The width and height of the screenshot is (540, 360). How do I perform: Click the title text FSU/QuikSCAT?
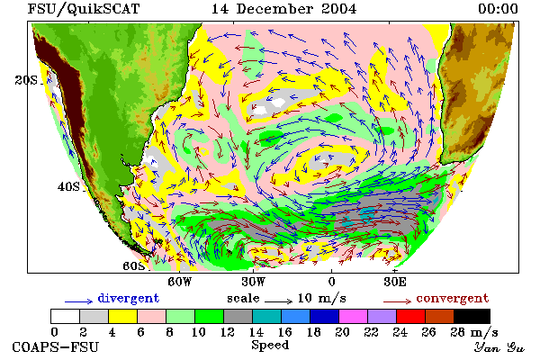coord(84,9)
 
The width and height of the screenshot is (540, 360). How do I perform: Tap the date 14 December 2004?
coord(283,9)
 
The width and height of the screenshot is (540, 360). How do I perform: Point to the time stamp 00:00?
coord(498,9)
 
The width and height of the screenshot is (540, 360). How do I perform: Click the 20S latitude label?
coord(26,80)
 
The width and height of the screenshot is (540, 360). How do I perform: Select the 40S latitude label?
coord(68,186)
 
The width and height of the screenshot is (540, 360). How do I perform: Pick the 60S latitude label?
coord(134,266)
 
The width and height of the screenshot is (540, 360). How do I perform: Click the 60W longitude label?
coord(180,282)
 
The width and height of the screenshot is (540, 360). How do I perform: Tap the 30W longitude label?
coord(253,282)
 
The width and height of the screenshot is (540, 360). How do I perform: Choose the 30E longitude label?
coord(395,282)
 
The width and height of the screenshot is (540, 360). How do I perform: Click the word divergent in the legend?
coord(129,298)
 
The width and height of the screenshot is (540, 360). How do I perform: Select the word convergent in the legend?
coord(453,298)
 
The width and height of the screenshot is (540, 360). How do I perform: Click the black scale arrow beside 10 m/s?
coord(279,301)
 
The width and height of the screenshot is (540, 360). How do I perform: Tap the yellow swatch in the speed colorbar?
coord(122,316)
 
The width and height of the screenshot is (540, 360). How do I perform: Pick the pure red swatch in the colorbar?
coord(410,316)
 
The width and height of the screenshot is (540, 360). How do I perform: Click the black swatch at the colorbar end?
coord(472,316)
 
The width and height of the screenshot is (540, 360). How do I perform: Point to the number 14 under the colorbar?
coord(256,332)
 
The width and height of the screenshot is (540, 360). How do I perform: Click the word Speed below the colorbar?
coord(270,346)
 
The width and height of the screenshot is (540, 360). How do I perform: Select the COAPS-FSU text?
coord(56,347)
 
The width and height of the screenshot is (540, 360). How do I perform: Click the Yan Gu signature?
coord(499,347)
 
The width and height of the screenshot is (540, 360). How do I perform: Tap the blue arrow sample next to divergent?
coord(79,301)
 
